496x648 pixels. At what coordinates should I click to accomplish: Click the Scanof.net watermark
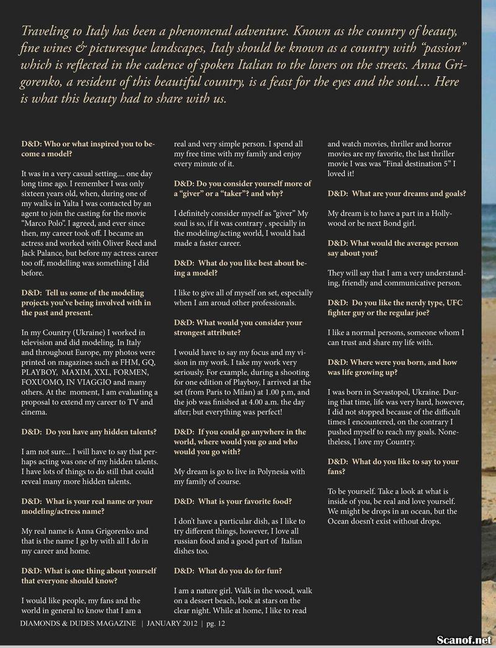pos(464,639)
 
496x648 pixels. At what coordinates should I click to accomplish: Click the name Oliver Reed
pos(126,243)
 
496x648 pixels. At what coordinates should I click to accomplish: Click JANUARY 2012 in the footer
pos(175,624)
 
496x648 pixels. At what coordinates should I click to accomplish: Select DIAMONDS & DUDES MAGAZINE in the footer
pos(78,624)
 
